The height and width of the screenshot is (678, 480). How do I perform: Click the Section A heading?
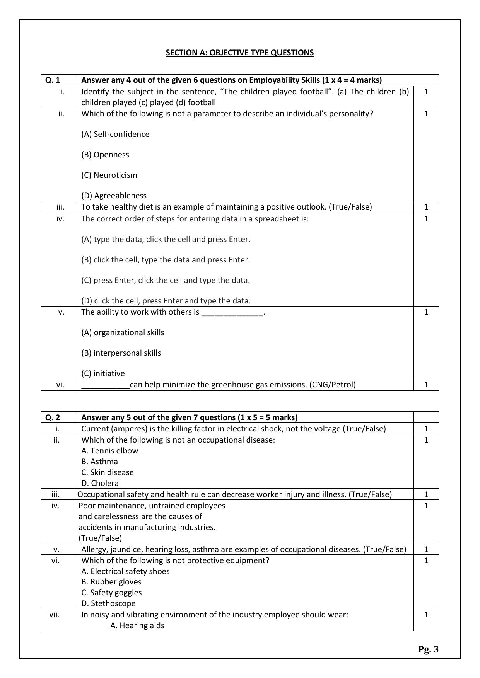point(239,53)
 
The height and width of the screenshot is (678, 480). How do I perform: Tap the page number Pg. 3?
point(428,649)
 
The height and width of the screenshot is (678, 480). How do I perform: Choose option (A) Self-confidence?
point(115,134)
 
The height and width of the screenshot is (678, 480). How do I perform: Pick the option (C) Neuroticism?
point(109,175)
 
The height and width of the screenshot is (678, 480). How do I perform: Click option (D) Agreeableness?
point(114,196)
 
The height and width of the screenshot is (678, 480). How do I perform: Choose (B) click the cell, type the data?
point(166,260)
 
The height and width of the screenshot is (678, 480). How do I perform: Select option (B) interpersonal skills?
point(121,353)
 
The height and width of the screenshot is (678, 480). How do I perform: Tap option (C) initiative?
point(103,373)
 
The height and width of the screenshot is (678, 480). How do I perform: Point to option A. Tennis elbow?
point(110,451)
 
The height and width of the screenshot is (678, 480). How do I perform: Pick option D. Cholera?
point(100,483)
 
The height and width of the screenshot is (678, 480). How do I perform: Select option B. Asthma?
point(100,462)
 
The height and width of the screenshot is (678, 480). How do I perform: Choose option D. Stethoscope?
point(109,603)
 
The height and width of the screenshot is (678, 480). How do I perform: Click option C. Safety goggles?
point(112,593)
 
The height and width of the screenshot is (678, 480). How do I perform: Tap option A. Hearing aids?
point(137,625)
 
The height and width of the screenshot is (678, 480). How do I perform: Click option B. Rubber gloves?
point(111,582)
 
